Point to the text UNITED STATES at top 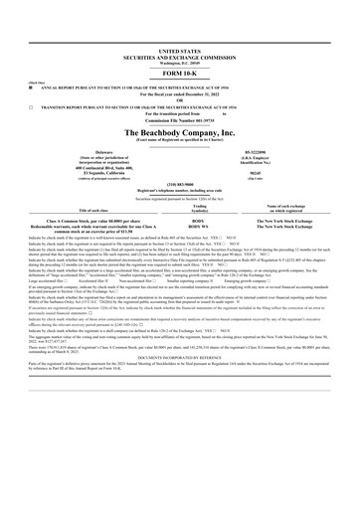(179, 48)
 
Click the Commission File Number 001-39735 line (179, 120)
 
